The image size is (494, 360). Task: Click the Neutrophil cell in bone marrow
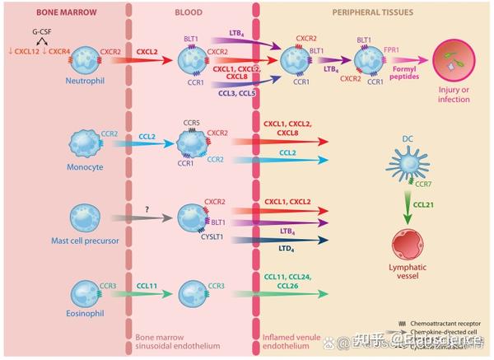(x=86, y=60)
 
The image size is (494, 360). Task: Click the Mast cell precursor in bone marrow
(x=86, y=217)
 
